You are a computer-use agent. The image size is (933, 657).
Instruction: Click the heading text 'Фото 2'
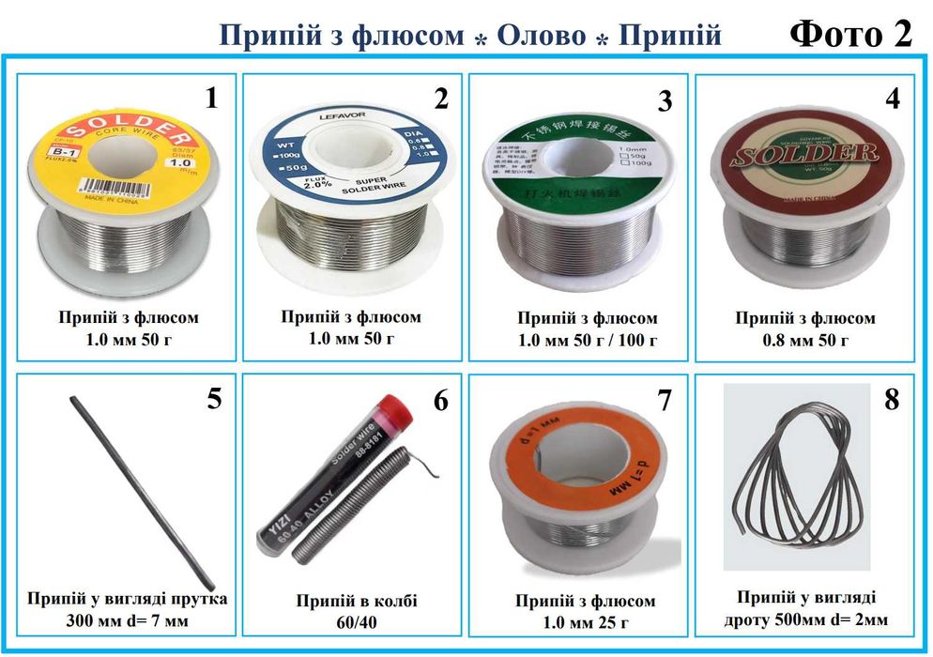850,34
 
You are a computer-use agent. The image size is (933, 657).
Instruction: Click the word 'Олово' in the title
540,37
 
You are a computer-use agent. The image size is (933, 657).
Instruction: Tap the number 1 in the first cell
211,98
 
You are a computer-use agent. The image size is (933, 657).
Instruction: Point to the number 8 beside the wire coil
892,399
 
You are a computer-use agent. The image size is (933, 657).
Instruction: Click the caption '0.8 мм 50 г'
805,339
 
